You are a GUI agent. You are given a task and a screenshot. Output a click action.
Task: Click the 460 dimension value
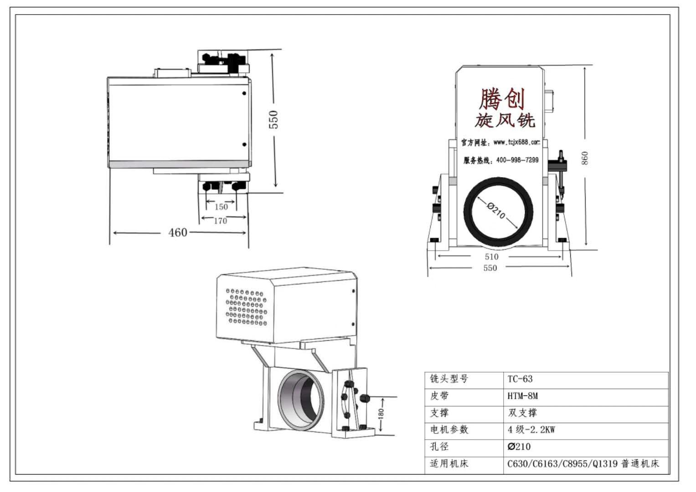[x=178, y=233]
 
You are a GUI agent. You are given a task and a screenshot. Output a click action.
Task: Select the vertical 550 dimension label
[x=273, y=119]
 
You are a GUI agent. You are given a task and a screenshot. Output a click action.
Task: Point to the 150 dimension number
[x=221, y=207]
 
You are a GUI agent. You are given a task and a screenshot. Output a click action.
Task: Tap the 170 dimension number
[x=221, y=221]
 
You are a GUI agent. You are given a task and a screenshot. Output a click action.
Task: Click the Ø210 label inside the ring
[x=496, y=210]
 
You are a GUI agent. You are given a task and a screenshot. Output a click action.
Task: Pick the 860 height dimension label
[x=585, y=158]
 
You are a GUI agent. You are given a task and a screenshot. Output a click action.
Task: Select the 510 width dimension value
[x=491, y=257]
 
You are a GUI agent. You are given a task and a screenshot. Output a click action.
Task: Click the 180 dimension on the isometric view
[x=381, y=414]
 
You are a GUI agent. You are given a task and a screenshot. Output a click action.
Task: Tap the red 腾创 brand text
[x=501, y=98]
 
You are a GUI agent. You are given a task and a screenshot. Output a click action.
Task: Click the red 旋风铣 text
[x=505, y=120]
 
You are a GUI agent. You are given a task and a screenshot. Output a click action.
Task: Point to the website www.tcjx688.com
[x=516, y=142]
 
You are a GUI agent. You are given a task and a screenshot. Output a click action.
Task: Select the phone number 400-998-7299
[x=517, y=160]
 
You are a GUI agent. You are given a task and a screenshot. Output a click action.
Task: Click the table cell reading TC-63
[x=520, y=379]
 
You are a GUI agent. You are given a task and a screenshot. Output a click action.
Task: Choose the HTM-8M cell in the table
[x=522, y=396]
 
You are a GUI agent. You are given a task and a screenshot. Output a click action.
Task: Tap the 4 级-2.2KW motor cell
[x=531, y=430]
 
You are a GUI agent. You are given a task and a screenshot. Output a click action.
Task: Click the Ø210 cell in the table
[x=519, y=446]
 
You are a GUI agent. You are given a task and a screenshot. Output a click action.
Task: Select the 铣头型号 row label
[x=449, y=379]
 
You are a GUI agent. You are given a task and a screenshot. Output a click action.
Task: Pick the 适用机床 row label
[x=449, y=464]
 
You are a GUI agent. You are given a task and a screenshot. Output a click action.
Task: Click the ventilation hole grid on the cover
[x=246, y=307]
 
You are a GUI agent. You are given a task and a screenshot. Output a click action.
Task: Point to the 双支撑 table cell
[x=522, y=413]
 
